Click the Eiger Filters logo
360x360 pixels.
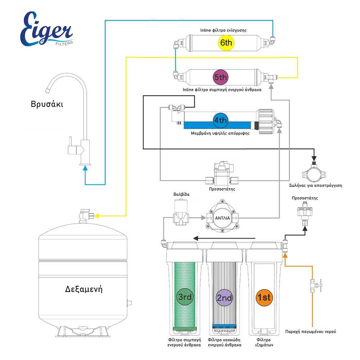pyautogui.click(x=46, y=30)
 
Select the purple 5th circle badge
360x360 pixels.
pyautogui.click(x=220, y=77)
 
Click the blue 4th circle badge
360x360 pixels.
pyautogui.click(x=220, y=120)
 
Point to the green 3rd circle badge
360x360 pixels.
pyautogui.click(x=185, y=297)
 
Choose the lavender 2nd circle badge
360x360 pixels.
pyautogui.click(x=224, y=298)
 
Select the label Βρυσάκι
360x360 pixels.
pyautogui.click(x=47, y=104)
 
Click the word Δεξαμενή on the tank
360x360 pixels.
pyautogui.click(x=84, y=289)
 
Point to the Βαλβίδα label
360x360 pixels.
pyautogui.click(x=181, y=194)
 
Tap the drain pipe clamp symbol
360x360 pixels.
pyautogui.click(x=314, y=171)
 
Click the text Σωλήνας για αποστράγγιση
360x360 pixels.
pyautogui.click(x=316, y=185)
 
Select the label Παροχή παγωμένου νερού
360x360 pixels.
pyautogui.click(x=311, y=332)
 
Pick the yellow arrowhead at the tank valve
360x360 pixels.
pyautogui.click(x=97, y=216)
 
